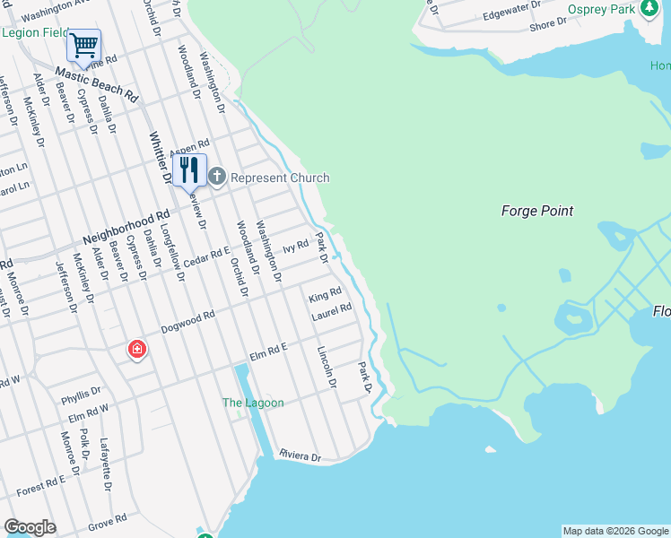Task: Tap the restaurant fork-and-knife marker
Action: pyautogui.click(x=189, y=169)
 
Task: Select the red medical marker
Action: pyautogui.click(x=137, y=349)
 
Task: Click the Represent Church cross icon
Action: pyautogui.click(x=218, y=178)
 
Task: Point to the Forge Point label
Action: pyautogui.click(x=536, y=211)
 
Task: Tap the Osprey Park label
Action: pyautogui.click(x=601, y=9)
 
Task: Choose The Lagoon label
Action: pyautogui.click(x=253, y=403)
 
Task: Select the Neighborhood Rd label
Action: pyautogui.click(x=126, y=228)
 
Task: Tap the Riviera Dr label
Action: pyautogui.click(x=300, y=456)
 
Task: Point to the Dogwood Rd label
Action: pyautogui.click(x=187, y=323)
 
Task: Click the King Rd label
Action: pyautogui.click(x=325, y=295)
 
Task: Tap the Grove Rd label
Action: pyautogui.click(x=108, y=520)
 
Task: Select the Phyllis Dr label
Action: pyautogui.click(x=81, y=394)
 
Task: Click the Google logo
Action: pyautogui.click(x=30, y=527)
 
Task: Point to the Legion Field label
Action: pyautogui.click(x=35, y=32)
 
